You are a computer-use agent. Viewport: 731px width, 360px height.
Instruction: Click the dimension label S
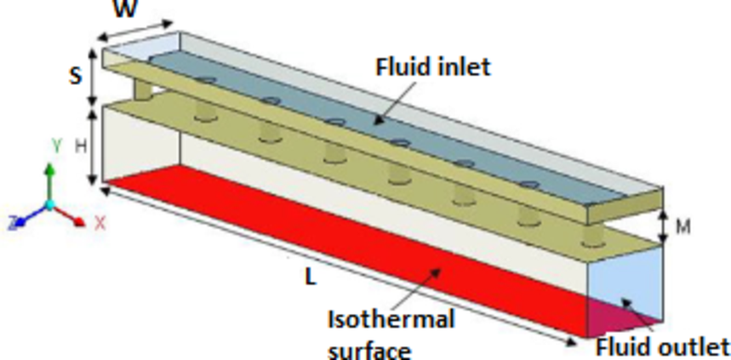(76, 75)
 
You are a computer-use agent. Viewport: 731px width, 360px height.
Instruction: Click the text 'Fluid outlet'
(662, 346)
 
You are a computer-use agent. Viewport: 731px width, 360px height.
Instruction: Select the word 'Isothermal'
(391, 320)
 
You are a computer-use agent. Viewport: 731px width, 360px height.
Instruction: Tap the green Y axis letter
(56, 146)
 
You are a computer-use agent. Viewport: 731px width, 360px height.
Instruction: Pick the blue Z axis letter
(12, 223)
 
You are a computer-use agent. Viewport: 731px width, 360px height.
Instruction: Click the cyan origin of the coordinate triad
(49, 204)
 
